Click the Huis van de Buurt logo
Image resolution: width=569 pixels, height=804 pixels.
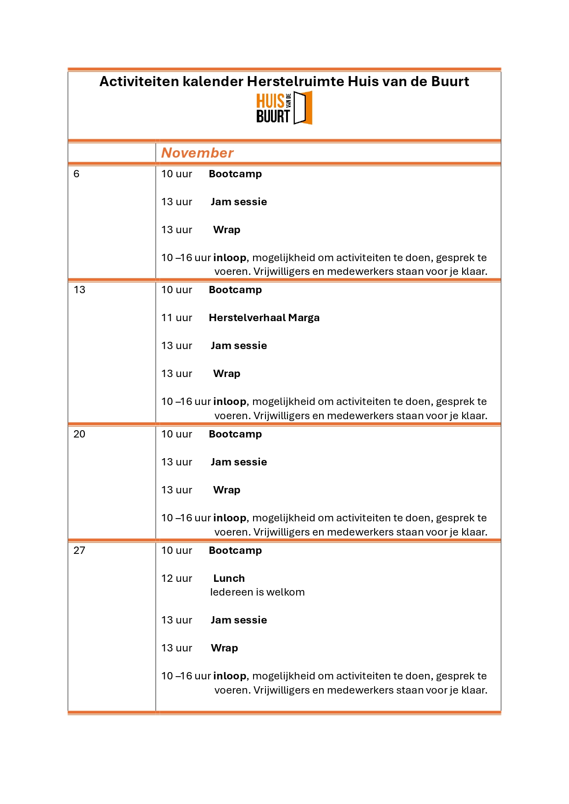click(284, 108)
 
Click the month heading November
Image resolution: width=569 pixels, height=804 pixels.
click(197, 153)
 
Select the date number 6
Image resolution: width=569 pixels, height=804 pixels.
click(77, 174)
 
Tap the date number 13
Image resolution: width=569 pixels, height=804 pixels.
click(79, 290)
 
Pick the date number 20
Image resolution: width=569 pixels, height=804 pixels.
click(79, 434)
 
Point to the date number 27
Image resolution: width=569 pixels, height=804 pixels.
click(79, 551)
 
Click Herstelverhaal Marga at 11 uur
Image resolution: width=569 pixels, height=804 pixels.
click(264, 318)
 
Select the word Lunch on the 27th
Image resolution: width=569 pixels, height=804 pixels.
click(229, 579)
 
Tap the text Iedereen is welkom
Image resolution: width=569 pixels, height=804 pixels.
click(257, 592)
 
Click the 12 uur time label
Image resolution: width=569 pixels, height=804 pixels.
click(177, 579)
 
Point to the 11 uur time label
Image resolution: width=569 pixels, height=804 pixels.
click(177, 318)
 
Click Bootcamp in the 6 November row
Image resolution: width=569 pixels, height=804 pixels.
click(235, 174)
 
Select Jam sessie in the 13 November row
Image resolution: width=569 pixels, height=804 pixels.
click(239, 346)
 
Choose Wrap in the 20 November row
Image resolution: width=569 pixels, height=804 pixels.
click(226, 490)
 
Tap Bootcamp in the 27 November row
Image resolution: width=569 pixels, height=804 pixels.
click(235, 551)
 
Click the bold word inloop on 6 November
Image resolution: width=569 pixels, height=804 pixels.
click(230, 258)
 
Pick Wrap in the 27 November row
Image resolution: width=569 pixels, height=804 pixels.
click(224, 648)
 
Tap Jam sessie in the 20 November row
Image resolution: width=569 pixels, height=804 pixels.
click(239, 462)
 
